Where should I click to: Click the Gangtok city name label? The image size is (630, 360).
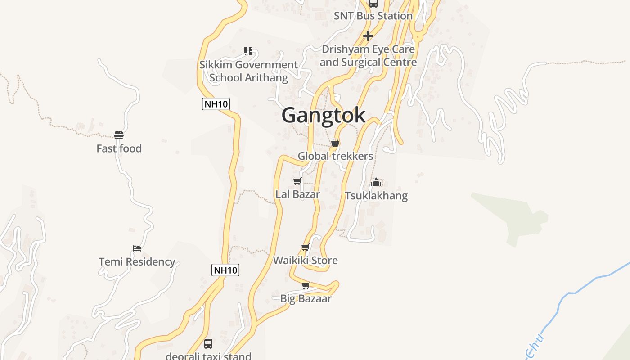(x=323, y=115)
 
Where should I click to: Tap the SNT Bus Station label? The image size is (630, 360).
(x=373, y=16)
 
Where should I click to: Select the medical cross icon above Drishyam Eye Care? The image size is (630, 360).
(x=368, y=36)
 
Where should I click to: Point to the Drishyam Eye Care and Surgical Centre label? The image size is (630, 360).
(x=368, y=55)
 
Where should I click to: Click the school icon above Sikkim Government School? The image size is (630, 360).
(x=248, y=51)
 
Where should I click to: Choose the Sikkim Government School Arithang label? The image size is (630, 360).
(x=248, y=71)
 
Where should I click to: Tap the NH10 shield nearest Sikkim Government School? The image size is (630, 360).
(x=216, y=104)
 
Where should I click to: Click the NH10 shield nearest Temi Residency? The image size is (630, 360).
(x=225, y=270)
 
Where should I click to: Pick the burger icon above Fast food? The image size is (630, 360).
(x=119, y=135)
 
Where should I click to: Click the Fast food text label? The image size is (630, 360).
(x=119, y=148)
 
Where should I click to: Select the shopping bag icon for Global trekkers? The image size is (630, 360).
(x=335, y=143)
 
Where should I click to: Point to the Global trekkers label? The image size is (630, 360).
(x=335, y=156)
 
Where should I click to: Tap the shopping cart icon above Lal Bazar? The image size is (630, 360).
(x=297, y=181)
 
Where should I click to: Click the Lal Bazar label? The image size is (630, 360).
(x=297, y=194)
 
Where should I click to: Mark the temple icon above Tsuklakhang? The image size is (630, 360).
(x=376, y=182)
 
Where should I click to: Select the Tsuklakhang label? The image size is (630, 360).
(x=376, y=196)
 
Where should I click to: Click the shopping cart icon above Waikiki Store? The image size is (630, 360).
(x=305, y=247)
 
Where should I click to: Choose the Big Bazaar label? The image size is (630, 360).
(x=306, y=298)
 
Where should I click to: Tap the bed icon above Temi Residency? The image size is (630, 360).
(x=137, y=248)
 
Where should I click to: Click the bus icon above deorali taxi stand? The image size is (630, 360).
(x=208, y=344)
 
